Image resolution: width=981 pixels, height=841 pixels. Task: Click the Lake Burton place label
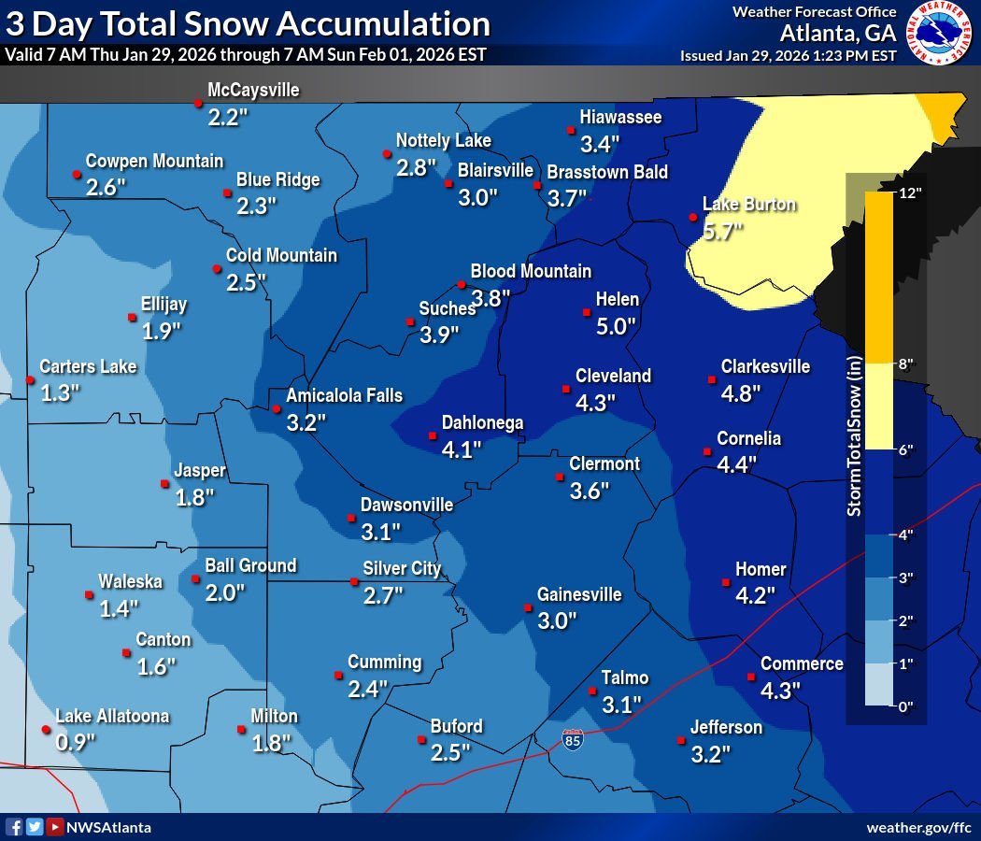point(749,205)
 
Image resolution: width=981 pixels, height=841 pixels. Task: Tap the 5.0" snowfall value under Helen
point(616,326)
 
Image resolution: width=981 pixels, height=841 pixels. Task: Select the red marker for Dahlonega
point(433,435)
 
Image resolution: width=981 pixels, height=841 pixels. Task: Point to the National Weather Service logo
point(940,35)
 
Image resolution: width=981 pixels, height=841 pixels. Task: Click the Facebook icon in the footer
point(14,827)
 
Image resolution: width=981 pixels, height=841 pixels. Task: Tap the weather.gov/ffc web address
point(919,827)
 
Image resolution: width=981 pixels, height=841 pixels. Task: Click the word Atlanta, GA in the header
point(838,33)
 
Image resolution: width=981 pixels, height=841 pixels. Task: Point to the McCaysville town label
point(253,91)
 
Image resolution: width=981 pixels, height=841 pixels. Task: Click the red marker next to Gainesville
point(525,607)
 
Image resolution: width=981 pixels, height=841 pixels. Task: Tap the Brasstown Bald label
point(607,172)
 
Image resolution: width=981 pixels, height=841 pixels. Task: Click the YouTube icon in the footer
point(55,827)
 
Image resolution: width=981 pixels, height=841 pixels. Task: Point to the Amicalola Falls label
point(344,395)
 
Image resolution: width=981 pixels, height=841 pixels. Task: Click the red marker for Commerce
point(750,677)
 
